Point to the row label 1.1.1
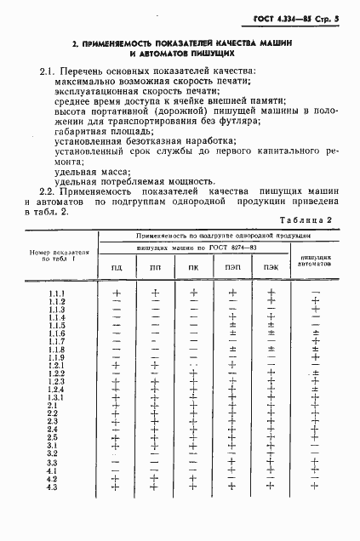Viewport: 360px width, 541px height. pos(58,294)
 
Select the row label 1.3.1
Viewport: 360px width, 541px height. pos(58,397)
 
